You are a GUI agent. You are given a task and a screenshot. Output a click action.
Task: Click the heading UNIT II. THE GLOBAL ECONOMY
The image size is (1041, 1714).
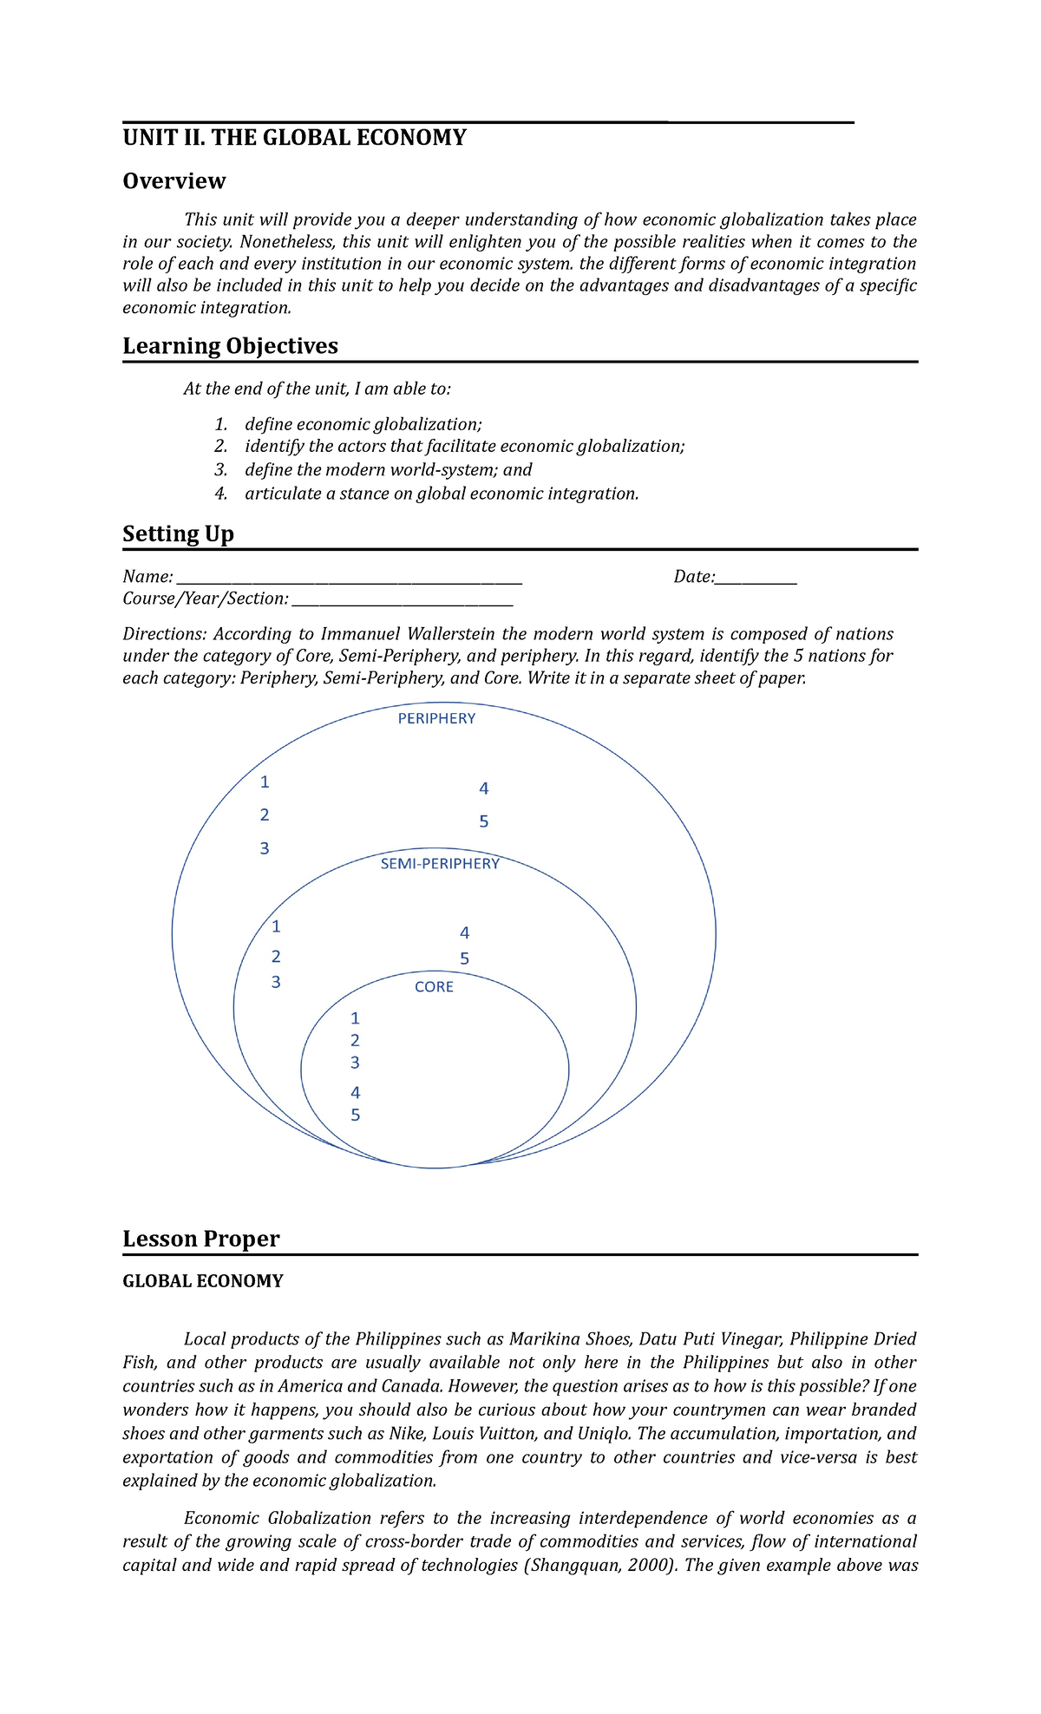(x=294, y=138)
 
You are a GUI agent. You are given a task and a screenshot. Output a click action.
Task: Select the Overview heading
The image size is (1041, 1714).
(x=173, y=181)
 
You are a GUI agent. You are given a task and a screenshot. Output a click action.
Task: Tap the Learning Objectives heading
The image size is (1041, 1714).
(x=230, y=346)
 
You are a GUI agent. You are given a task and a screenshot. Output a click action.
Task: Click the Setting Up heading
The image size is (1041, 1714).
(x=178, y=533)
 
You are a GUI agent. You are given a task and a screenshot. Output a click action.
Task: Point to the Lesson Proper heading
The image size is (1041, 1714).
(x=200, y=1239)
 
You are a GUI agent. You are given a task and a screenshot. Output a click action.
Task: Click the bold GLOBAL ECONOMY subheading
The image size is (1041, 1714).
(x=203, y=1281)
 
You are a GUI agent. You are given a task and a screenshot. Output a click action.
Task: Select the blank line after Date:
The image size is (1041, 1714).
(x=756, y=578)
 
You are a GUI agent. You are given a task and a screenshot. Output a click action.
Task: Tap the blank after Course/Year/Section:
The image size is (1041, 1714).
(x=403, y=599)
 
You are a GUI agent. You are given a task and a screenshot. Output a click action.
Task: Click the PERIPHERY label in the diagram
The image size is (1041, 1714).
(x=436, y=718)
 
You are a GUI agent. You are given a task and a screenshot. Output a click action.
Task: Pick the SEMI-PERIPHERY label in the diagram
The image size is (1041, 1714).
(x=440, y=864)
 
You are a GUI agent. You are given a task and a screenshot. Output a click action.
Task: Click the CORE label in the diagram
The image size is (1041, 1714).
(x=434, y=987)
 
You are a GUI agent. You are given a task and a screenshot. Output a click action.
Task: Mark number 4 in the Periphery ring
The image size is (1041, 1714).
(x=484, y=788)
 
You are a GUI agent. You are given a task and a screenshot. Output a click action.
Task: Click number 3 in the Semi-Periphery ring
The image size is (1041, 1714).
(x=276, y=982)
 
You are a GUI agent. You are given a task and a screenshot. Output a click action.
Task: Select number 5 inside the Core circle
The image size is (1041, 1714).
(x=355, y=1115)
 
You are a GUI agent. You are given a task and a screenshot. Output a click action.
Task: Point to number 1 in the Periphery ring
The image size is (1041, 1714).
(x=265, y=782)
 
